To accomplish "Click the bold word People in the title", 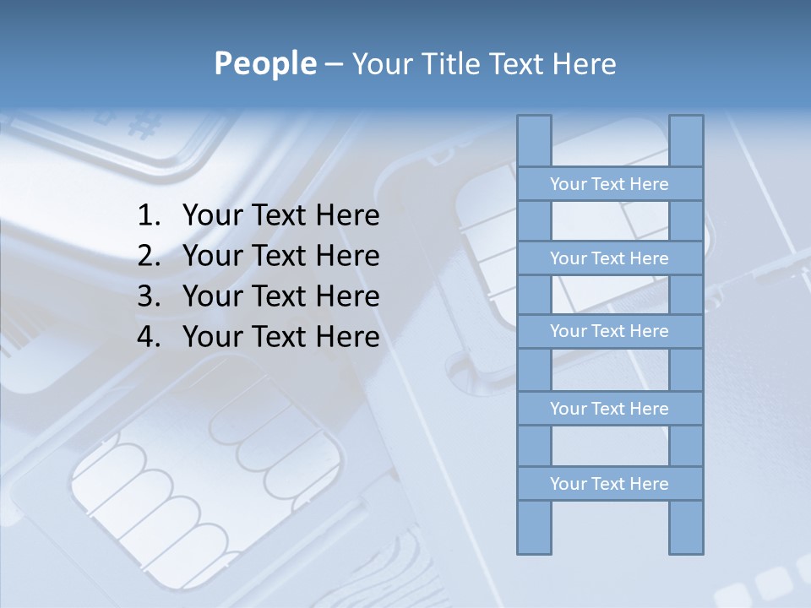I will (264, 63).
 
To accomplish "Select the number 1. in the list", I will (148, 216).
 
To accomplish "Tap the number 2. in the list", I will (148, 256).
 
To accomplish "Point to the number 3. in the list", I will (148, 296).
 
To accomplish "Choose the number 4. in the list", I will (148, 337).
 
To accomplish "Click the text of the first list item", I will (280, 216).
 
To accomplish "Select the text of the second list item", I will (280, 256).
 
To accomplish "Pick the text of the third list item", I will (280, 296).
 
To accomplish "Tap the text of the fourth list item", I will (280, 337).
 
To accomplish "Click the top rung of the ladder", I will (609, 184).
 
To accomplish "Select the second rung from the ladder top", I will (609, 258).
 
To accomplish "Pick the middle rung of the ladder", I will (609, 331).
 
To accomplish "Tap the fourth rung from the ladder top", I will (609, 409).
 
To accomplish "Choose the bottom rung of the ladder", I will (609, 484).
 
